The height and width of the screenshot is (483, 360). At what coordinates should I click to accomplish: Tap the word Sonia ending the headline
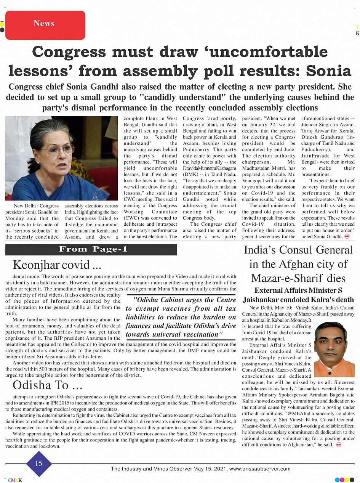[329, 71]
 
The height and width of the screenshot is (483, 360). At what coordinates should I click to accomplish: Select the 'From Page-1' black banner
[91, 250]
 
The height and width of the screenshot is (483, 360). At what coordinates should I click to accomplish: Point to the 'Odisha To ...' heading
[48, 385]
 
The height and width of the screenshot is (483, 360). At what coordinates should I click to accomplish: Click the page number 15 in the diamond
[38, 464]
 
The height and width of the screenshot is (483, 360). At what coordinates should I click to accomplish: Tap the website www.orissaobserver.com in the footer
[260, 469]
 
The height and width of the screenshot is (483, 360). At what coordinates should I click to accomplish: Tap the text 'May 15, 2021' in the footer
[211, 469]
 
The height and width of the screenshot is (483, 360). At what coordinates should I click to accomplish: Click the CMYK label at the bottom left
[15, 480]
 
